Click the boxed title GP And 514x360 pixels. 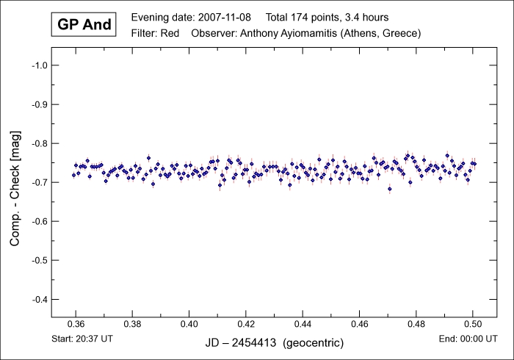(84, 24)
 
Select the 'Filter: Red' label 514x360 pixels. (156, 33)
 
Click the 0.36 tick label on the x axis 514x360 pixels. (75, 324)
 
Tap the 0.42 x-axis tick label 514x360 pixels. (246, 324)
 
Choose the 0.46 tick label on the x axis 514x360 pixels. (359, 324)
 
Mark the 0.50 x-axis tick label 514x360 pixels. (473, 324)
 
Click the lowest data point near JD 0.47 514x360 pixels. (390, 189)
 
